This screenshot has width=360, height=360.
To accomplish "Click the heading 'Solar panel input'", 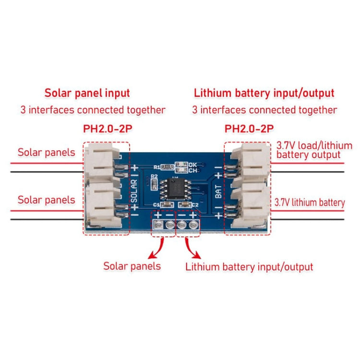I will [87, 93].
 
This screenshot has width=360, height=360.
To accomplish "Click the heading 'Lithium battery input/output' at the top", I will [264, 93].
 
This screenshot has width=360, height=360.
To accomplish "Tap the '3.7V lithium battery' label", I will [310, 203].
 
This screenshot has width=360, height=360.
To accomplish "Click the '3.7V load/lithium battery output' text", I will [314, 150].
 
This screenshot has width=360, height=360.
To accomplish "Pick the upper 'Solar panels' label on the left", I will [47, 153].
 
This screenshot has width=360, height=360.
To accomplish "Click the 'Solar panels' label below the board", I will [132, 266].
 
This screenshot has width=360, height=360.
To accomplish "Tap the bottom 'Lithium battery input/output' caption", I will [249, 266].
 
